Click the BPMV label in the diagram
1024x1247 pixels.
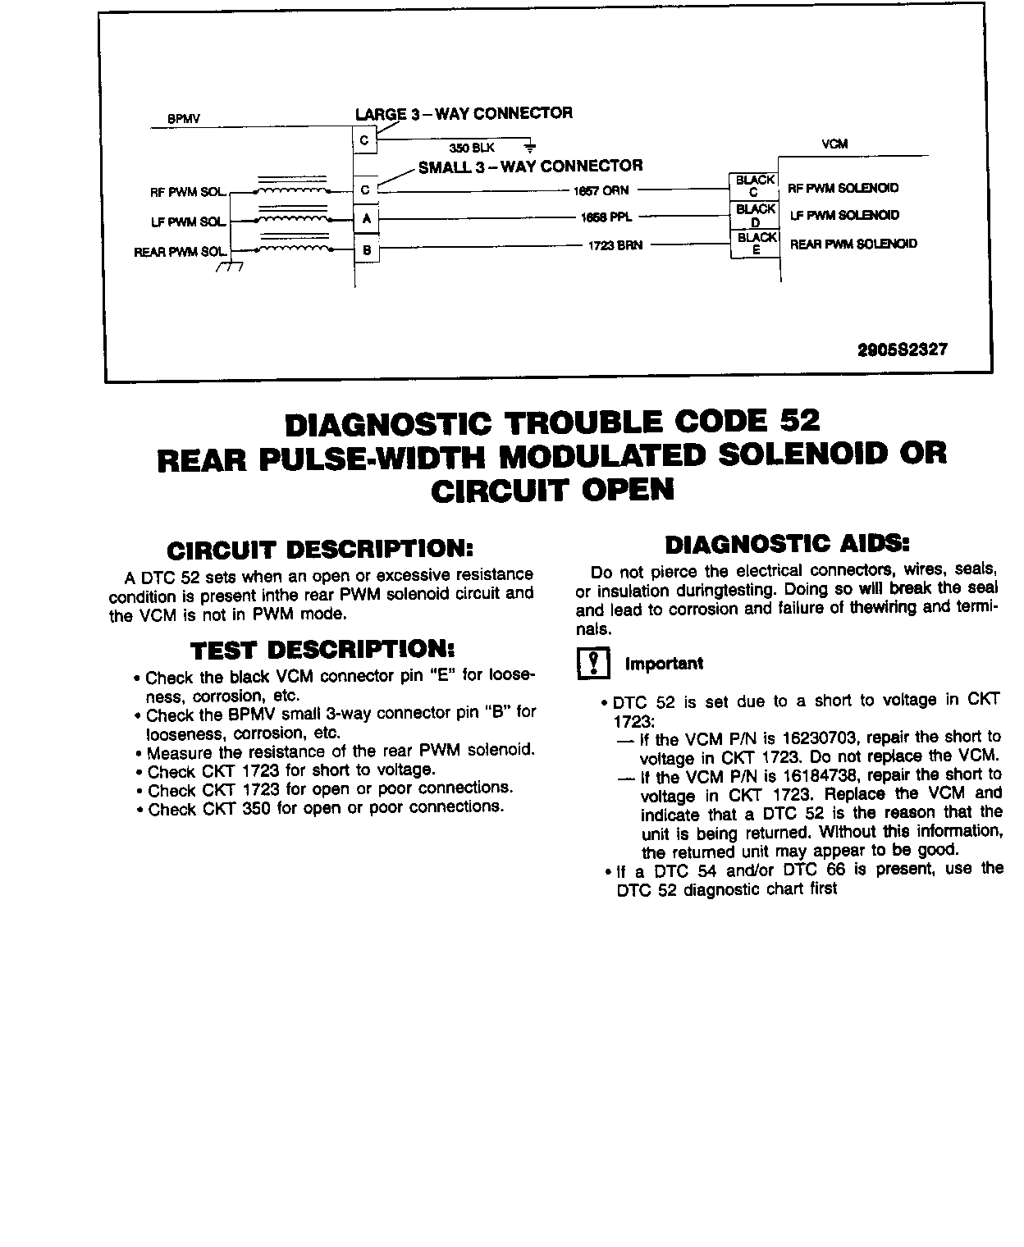[183, 119]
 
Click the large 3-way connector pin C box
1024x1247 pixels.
[364, 139]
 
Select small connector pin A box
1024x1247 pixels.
[366, 219]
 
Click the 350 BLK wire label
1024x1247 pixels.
[472, 148]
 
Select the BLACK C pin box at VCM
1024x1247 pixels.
[755, 185]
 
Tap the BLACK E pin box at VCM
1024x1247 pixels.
[755, 244]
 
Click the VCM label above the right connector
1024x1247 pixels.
[834, 144]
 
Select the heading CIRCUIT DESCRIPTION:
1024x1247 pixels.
[320, 549]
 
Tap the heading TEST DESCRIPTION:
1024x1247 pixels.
[322, 651]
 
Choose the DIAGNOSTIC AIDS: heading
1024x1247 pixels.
[787, 545]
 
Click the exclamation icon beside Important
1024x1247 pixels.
[592, 664]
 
